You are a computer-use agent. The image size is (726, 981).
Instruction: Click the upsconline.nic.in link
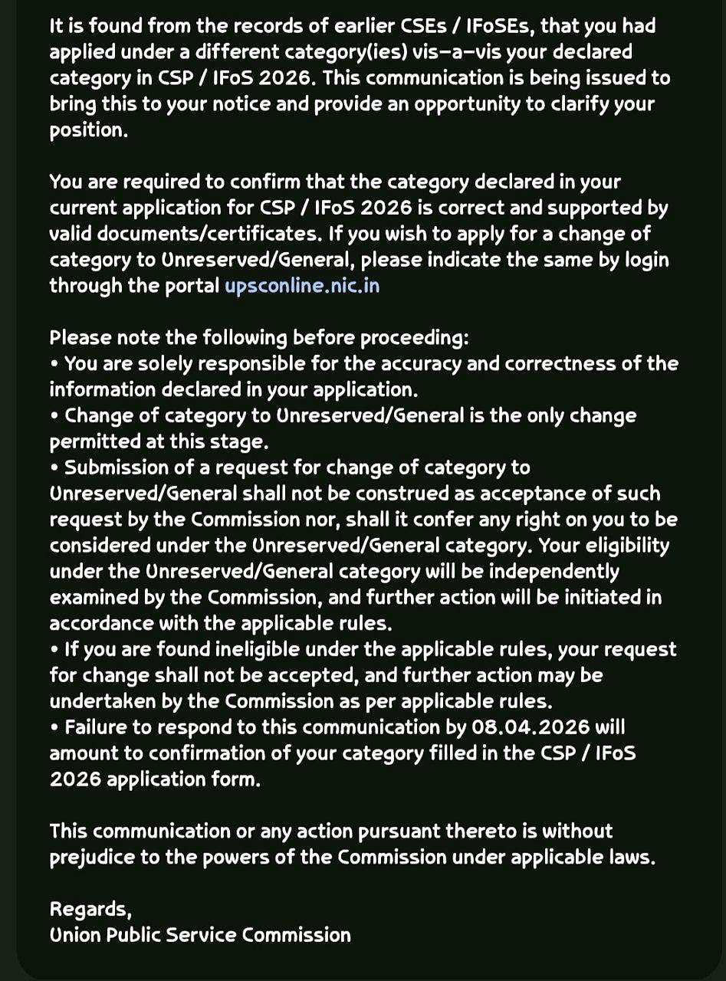[x=302, y=286]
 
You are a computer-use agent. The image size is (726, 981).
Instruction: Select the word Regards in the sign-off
[x=89, y=910]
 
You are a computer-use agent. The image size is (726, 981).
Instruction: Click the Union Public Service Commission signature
[x=200, y=935]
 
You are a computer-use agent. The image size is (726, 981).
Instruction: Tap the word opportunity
[x=445, y=104]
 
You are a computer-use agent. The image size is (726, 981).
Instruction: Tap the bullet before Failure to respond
[x=54, y=727]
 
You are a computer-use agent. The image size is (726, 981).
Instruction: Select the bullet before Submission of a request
[x=54, y=468]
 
